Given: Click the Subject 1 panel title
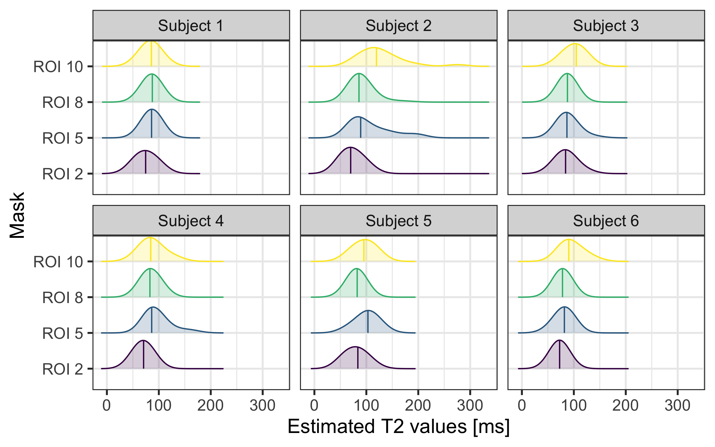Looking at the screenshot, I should point(191,26).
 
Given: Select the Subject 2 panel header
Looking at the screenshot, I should point(398,26).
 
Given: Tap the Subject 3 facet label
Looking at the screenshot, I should point(606,26).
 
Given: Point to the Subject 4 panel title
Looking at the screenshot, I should point(191,221).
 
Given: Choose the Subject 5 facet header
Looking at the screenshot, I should point(398,221).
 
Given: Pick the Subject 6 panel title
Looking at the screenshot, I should point(606,221).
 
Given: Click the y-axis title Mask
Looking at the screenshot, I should point(17,215).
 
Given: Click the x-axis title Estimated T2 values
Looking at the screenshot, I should point(398,426).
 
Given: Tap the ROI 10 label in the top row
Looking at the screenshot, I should point(58,66).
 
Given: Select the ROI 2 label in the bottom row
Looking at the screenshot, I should point(63,369).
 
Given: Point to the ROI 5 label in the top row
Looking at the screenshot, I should point(63,138).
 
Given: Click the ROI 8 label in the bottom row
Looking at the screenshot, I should point(63,298).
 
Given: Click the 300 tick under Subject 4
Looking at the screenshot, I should point(262,406).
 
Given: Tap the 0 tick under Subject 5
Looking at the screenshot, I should point(314,406).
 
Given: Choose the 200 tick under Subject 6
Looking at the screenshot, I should point(625,406).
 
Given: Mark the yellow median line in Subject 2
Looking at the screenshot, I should point(376,57).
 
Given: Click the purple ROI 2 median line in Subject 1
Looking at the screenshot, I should point(145,162).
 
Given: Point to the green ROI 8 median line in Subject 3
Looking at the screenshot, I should point(567,88).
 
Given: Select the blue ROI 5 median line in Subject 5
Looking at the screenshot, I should point(368,322).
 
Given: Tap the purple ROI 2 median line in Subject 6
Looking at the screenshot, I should point(559,355).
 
